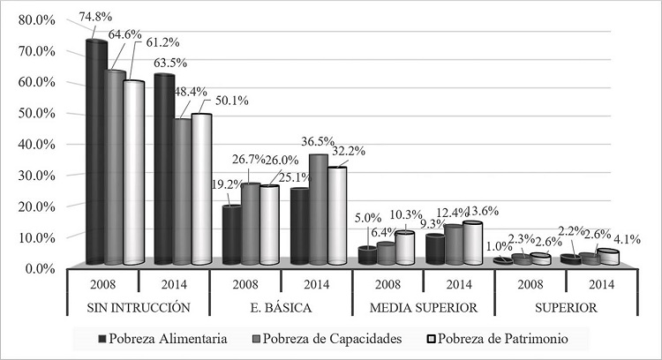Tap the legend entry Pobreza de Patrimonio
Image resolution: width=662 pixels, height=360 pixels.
[x=500, y=338]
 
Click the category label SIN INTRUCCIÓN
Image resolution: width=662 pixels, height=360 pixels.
[x=139, y=307]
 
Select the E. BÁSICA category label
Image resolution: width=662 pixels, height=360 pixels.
[x=281, y=307]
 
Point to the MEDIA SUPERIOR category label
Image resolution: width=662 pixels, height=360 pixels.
[x=423, y=307]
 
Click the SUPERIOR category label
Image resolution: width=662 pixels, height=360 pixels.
[x=565, y=307]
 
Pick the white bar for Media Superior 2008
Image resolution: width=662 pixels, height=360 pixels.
[x=404, y=248]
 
